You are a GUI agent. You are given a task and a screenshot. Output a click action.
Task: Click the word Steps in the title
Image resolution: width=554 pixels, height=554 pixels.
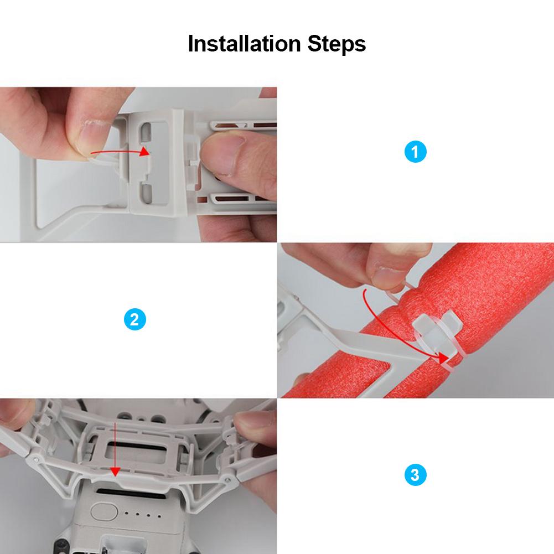[335, 44]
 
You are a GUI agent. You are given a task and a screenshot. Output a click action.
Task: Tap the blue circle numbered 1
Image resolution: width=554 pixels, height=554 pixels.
[416, 152]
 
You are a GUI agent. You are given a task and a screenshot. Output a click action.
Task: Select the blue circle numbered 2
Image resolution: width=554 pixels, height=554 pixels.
[135, 319]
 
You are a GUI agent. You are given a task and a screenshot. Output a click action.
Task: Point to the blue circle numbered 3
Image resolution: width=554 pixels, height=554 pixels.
[416, 475]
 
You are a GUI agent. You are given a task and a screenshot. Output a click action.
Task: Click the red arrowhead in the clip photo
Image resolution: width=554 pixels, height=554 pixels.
[145, 152]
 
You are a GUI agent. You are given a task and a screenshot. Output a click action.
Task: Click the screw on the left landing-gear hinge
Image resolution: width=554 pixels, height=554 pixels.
[37, 459]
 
